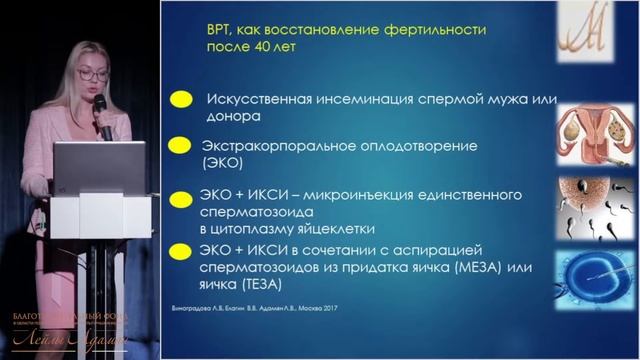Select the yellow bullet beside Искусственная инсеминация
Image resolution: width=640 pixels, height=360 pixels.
coord(181,100)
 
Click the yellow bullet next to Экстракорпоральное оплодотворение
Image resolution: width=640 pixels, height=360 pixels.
coord(181,145)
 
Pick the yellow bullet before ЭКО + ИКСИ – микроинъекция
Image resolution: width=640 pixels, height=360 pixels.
coord(181,197)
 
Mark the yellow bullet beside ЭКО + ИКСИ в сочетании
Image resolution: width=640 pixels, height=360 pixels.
coord(181,248)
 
